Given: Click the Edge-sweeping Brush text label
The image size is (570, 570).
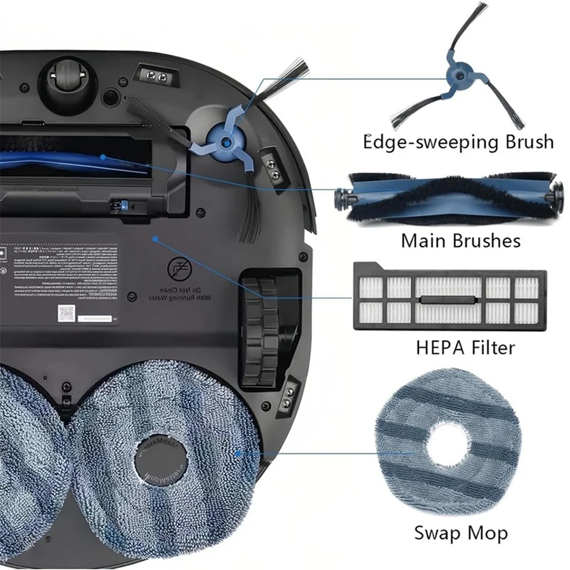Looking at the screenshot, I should [459, 142].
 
